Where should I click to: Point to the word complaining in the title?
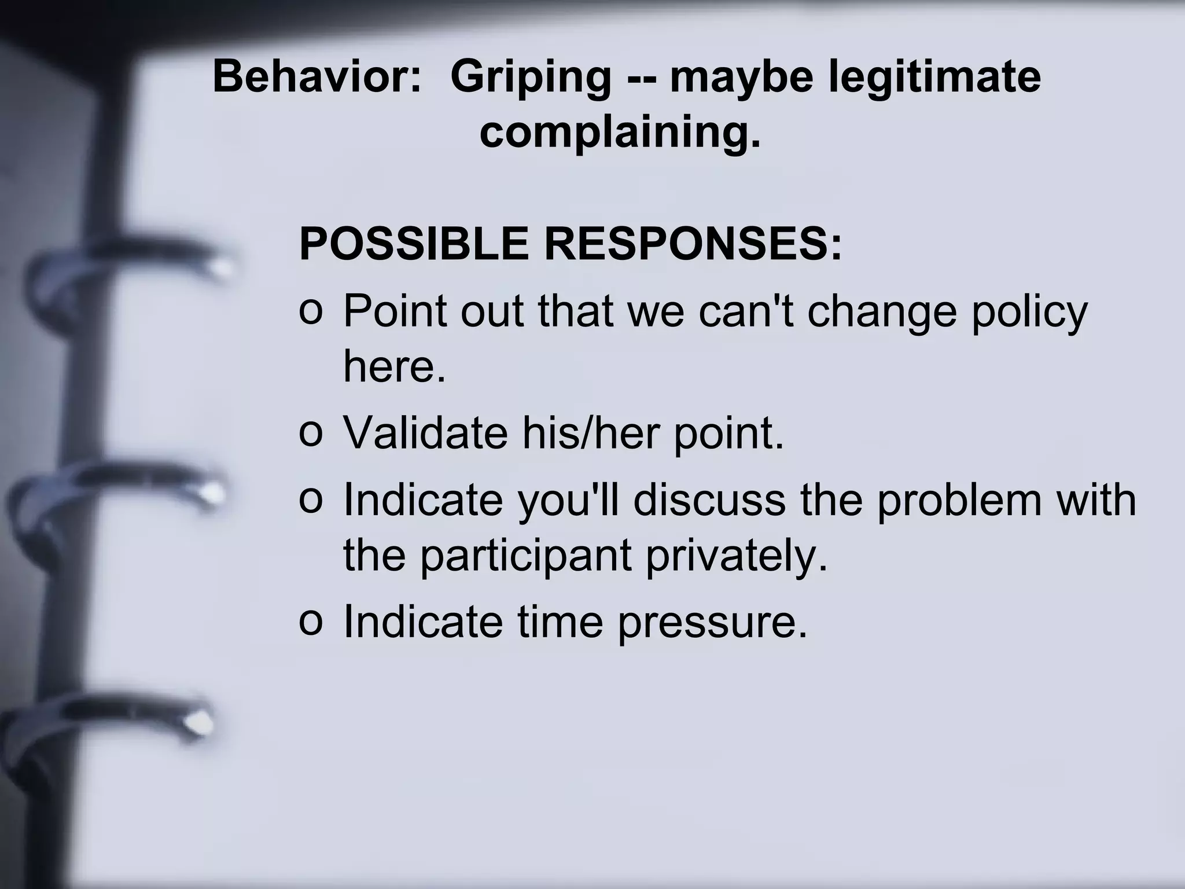(x=619, y=134)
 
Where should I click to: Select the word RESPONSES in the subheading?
(x=693, y=244)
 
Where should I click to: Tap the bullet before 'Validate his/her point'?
(x=310, y=434)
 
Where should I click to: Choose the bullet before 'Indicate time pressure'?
(x=310, y=622)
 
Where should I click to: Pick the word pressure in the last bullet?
(x=711, y=623)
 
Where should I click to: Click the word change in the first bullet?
(x=881, y=313)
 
